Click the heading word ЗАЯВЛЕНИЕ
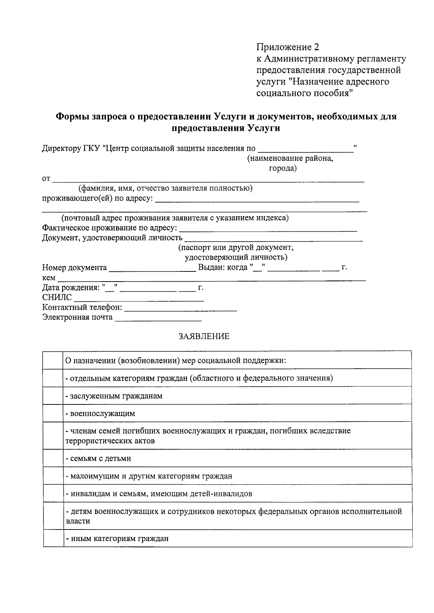click(x=204, y=336)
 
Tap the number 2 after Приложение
click(x=317, y=47)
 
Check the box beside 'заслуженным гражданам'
click(x=53, y=396)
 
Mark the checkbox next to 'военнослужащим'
click(x=53, y=413)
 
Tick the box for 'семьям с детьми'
click(x=53, y=458)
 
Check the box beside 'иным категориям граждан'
click(x=53, y=539)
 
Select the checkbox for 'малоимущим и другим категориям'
click(x=53, y=476)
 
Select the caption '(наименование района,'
click(x=290, y=159)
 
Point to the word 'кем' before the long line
click(x=49, y=278)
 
